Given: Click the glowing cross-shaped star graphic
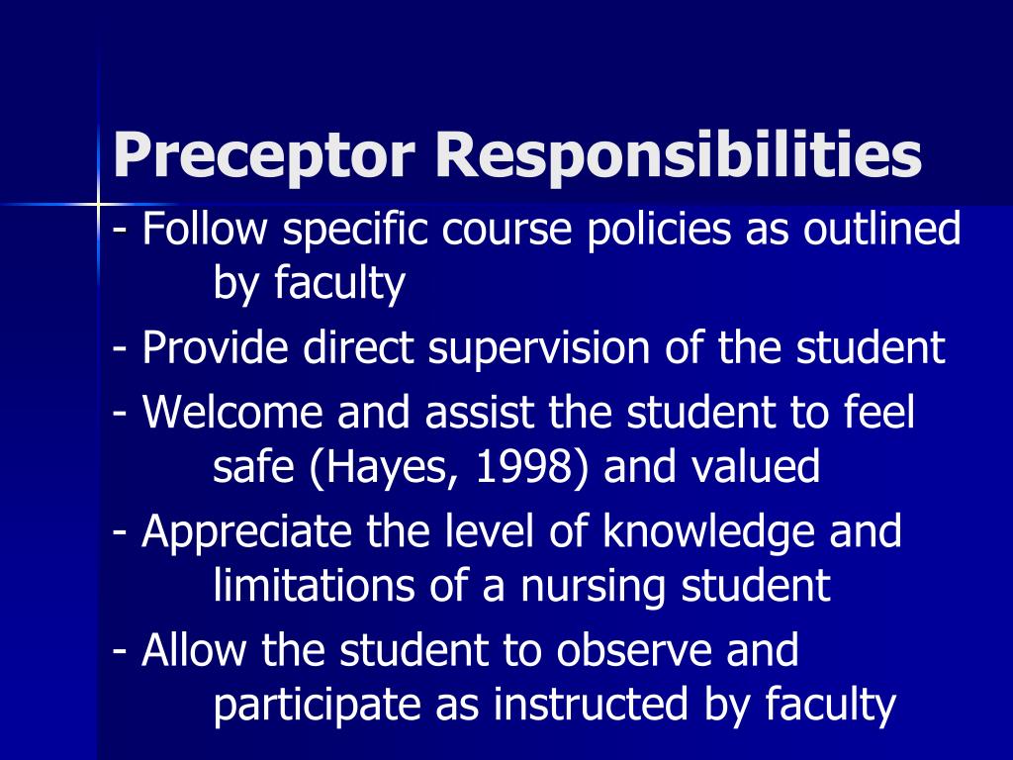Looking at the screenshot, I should click(x=99, y=204).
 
